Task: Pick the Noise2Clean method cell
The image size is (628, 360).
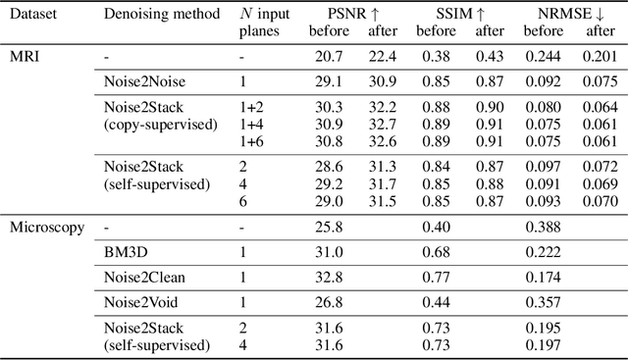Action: coord(143,278)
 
